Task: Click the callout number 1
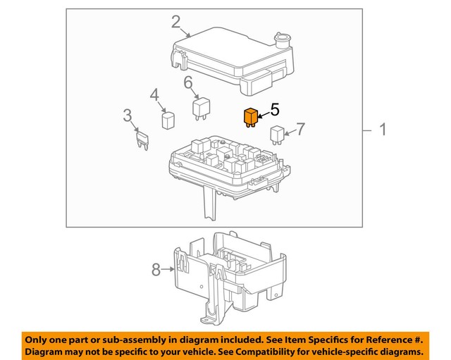pos(383,130)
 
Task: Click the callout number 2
pos(175,22)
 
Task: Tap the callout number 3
pos(127,115)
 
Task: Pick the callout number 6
pos(188,83)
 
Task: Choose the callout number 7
pos(300,129)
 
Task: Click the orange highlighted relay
pos(249,117)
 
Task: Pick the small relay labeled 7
pos(277,132)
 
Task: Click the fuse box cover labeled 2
pos(225,56)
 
